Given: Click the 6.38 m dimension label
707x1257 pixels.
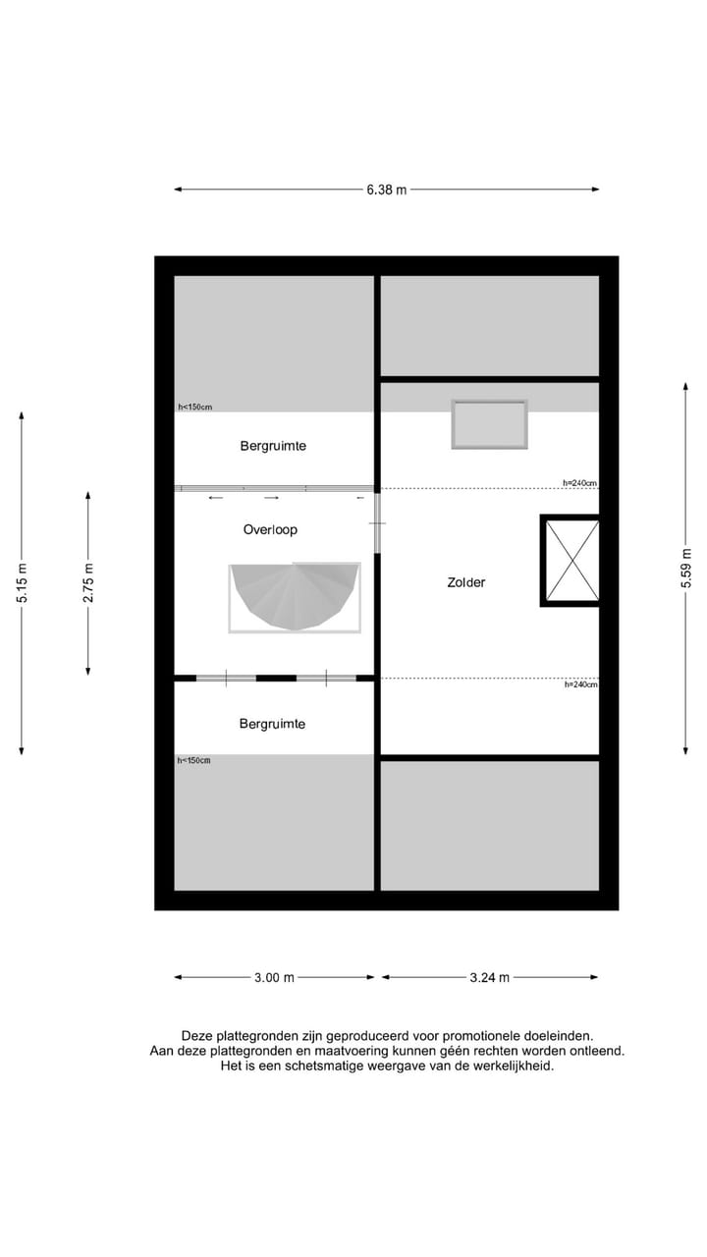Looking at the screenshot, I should [386, 190].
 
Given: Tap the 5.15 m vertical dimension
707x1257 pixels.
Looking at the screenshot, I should [22, 583].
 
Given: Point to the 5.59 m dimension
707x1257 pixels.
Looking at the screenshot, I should [685, 568].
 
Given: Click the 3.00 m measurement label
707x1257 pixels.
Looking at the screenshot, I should [274, 977].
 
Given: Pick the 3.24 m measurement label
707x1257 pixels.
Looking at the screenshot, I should [490, 977].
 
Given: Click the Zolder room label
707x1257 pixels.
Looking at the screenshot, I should [465, 582].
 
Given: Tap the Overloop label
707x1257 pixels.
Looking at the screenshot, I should [270, 529].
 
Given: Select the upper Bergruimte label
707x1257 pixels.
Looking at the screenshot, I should [273, 446].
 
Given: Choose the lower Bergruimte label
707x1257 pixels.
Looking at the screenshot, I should [272, 724].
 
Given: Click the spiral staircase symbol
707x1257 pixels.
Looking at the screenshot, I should [295, 595].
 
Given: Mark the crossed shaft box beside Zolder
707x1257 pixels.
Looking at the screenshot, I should [571, 561].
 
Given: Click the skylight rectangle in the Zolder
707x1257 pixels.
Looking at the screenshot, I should [489, 424].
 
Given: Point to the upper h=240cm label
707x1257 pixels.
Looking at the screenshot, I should [579, 483].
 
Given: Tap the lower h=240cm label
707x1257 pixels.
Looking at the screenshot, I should [579, 684].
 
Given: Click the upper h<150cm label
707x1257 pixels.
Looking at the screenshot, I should [194, 407].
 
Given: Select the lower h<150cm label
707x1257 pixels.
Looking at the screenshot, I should [193, 760].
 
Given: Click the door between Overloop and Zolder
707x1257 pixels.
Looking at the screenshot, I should [376, 522].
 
